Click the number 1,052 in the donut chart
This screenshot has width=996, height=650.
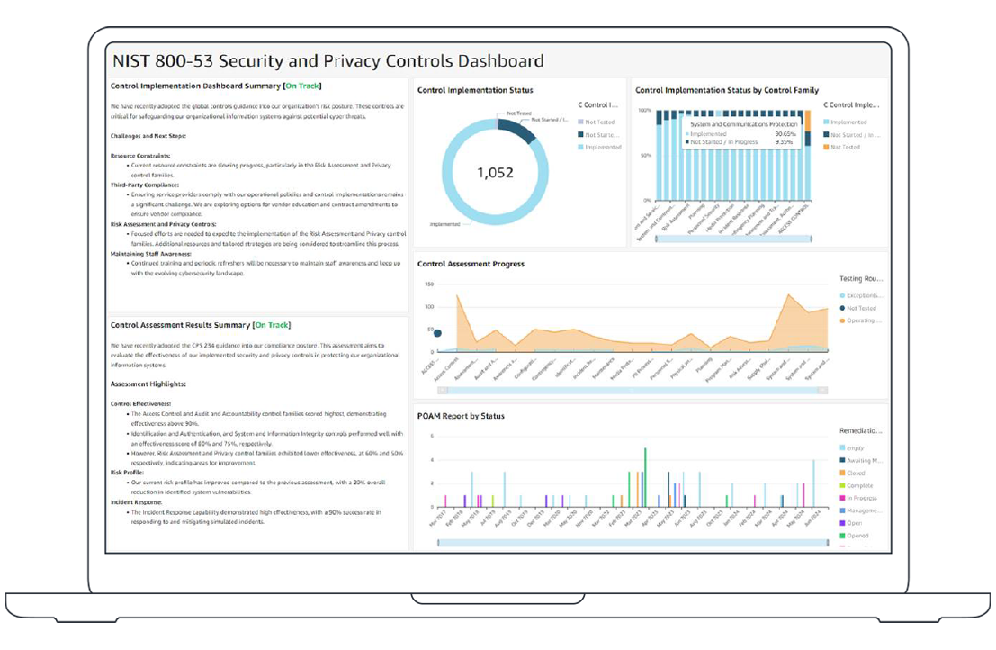point(494,172)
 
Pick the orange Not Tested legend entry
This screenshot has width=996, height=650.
point(846,147)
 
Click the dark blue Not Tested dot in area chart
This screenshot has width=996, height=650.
point(437,332)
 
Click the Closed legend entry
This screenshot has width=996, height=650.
point(855,473)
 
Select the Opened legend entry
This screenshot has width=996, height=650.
point(857,536)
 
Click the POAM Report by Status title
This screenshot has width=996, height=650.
point(461,416)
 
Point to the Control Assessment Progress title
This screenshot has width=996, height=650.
point(471,264)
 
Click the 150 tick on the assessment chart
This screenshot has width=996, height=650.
point(429,284)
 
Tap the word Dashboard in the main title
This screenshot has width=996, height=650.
point(500,61)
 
